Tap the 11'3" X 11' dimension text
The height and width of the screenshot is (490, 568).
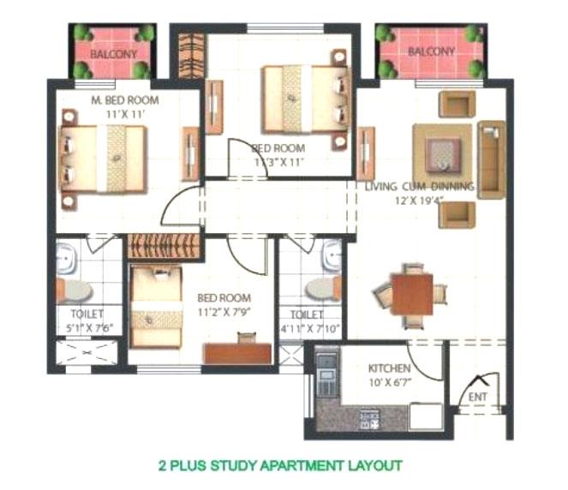[278, 160]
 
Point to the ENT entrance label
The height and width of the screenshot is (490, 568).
[476, 397]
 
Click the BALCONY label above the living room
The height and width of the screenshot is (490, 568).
[431, 51]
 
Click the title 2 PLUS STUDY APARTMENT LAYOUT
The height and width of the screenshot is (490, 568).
[280, 467]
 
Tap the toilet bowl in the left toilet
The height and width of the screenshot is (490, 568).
[71, 290]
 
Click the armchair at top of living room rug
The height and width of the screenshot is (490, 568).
[456, 104]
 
